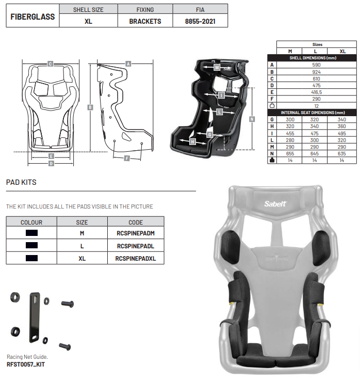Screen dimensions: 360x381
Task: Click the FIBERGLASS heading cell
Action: pyautogui.click(x=32, y=17)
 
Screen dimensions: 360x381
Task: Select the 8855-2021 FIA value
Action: pyautogui.click(x=200, y=21)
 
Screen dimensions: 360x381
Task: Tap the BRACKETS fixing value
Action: pyautogui.click(x=145, y=21)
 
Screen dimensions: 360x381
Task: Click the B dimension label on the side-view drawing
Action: pyautogui.click(x=90, y=107)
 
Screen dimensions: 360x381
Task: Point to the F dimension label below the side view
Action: pyautogui.click(x=127, y=158)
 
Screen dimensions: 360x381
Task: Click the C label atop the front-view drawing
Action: pyautogui.click(x=50, y=64)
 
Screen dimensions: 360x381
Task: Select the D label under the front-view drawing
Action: pyautogui.click(x=51, y=164)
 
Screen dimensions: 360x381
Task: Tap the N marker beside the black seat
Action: pyautogui.click(x=252, y=119)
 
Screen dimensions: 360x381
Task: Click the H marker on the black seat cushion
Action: pyautogui.click(x=192, y=141)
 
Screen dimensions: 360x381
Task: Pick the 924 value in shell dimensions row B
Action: pyautogui.click(x=316, y=72)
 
